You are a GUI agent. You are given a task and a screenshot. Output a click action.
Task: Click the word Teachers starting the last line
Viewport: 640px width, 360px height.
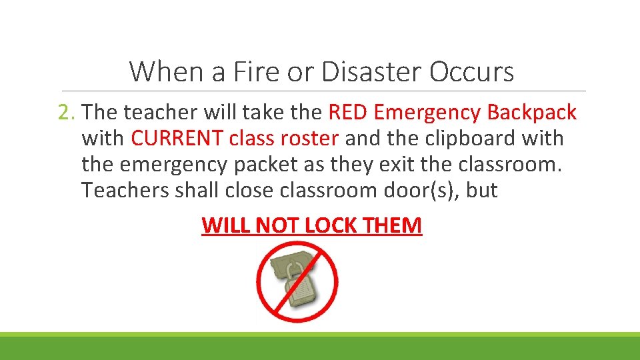125,190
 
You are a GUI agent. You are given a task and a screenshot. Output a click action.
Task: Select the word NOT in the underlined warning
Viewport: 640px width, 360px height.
279,225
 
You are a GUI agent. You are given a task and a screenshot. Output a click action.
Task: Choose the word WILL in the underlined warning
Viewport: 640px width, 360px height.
226,225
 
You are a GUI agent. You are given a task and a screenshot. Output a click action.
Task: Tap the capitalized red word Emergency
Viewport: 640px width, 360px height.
427,112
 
